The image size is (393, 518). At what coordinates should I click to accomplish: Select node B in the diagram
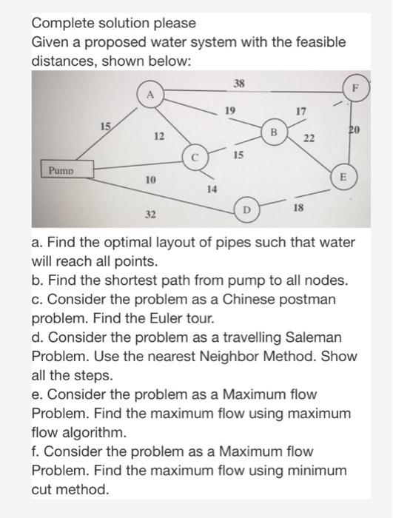click(272, 133)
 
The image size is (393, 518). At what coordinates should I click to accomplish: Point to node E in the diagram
click(342, 178)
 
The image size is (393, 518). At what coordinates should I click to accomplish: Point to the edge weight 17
click(300, 112)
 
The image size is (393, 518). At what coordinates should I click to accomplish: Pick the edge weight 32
click(150, 214)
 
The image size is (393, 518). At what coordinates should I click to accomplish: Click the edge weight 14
click(211, 189)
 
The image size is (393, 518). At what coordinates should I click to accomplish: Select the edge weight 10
click(150, 180)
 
